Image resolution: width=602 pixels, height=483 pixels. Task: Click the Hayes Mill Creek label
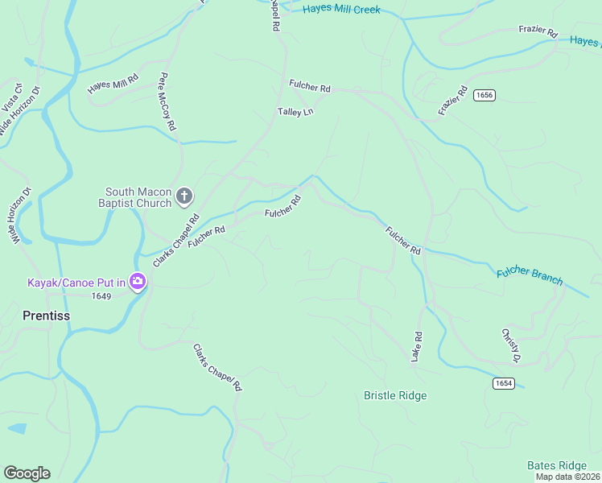[341, 10]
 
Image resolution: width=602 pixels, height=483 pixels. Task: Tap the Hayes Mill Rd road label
[113, 83]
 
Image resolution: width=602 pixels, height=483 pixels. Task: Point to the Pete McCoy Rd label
[167, 102]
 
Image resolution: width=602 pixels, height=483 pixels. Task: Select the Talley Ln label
[295, 112]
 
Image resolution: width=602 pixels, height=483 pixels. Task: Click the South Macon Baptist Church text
[138, 197]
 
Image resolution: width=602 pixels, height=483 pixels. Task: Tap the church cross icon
[184, 196]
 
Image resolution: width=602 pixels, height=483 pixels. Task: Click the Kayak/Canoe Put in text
[76, 283]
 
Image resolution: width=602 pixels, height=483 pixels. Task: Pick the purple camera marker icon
[138, 282]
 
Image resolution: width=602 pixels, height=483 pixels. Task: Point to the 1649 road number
[101, 296]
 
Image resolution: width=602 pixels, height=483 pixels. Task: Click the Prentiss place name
[46, 316]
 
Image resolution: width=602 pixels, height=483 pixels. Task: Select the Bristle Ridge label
[395, 395]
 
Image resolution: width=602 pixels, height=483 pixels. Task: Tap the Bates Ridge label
[557, 465]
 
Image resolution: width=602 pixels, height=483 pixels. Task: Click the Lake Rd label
[417, 346]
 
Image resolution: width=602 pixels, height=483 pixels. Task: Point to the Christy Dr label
[511, 345]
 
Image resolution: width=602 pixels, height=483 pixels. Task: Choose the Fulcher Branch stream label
[530, 275]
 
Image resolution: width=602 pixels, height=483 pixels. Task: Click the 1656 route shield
[484, 95]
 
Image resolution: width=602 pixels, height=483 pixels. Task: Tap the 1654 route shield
[503, 383]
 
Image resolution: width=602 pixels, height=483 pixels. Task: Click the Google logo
[27, 473]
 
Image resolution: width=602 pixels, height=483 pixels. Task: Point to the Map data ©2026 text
[568, 477]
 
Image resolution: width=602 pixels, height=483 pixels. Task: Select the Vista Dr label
[11, 97]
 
